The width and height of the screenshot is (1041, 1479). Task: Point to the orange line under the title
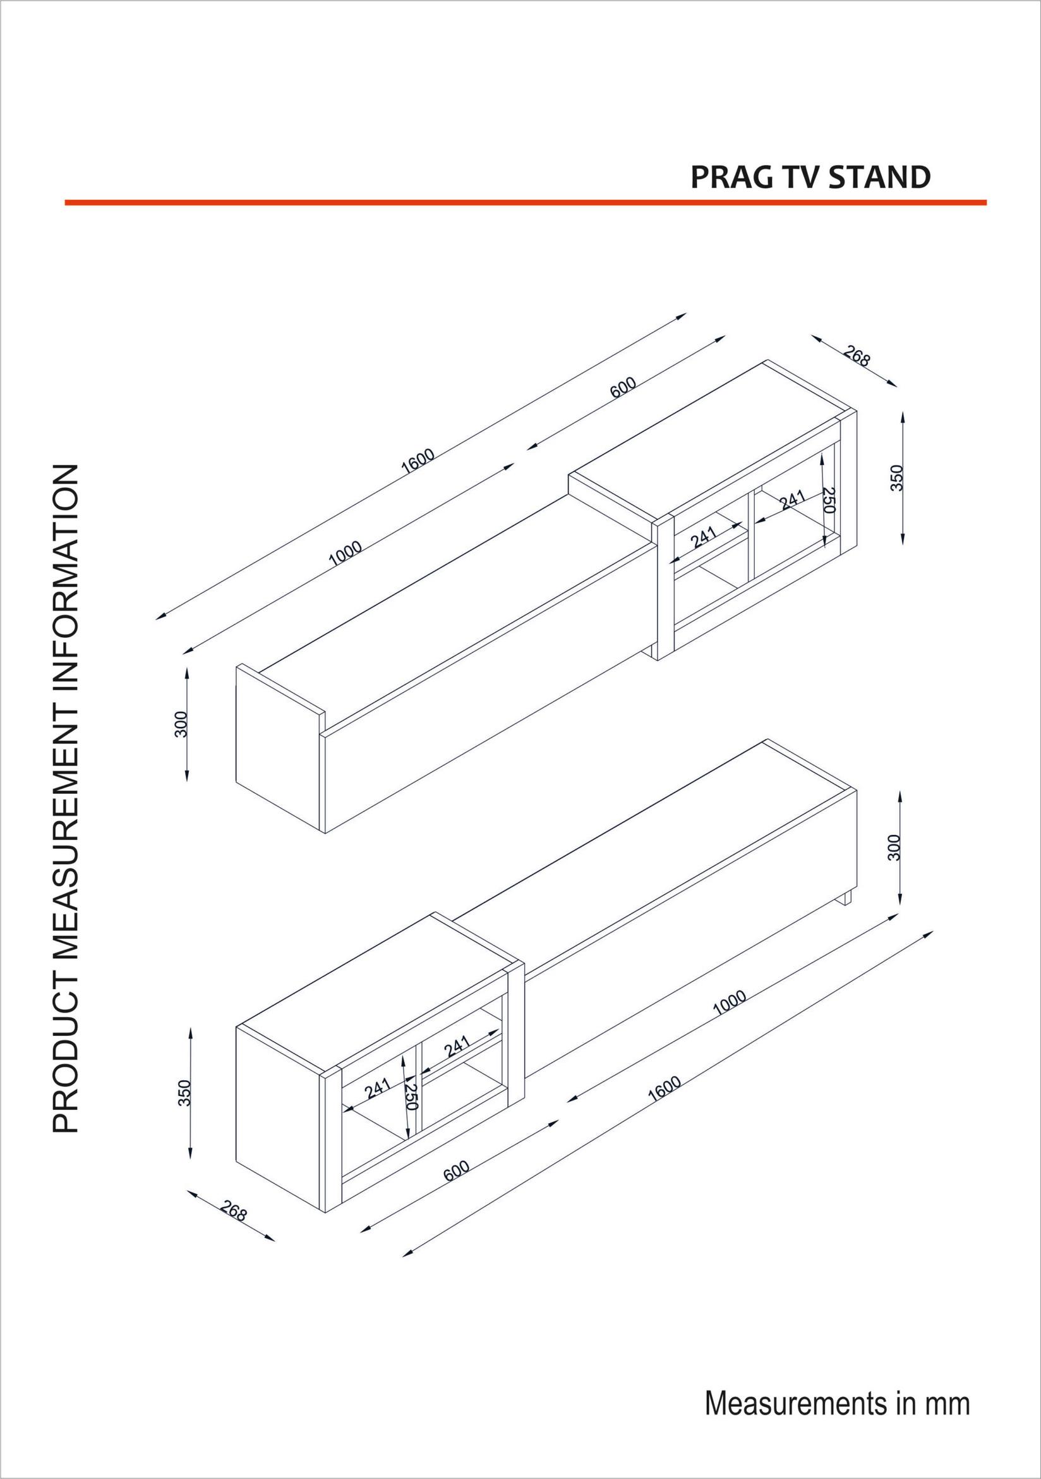525,202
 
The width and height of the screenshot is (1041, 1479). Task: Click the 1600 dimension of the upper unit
418,461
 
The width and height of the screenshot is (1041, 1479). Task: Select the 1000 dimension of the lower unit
730,1004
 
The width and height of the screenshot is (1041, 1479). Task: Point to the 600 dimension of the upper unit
623,387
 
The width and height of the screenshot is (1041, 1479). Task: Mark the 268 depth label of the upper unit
857,356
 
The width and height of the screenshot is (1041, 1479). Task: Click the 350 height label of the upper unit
897,478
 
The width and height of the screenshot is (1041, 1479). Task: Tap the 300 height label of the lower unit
894,847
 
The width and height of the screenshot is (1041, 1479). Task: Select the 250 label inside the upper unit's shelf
829,500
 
